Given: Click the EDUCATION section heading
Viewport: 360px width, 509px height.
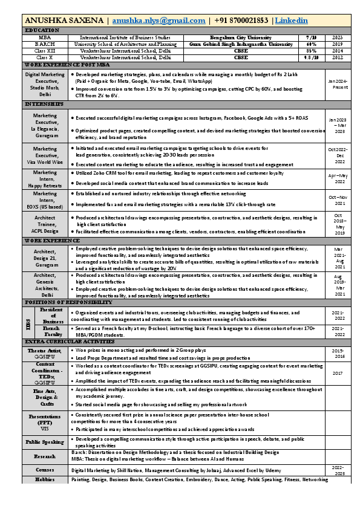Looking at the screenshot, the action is pos(42,30).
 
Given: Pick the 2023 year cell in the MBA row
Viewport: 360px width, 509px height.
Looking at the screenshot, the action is pos(338,37).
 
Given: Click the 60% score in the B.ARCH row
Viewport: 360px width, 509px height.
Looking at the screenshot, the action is pos(312,44).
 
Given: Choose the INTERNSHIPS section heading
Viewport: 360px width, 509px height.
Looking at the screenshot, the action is pos(44,104).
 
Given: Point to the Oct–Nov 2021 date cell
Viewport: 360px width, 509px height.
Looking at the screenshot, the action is pos(338,200).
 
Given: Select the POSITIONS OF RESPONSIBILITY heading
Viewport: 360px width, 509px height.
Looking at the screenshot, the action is pos(68,302).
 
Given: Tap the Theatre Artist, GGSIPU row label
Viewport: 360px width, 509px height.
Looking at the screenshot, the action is pos(45,354).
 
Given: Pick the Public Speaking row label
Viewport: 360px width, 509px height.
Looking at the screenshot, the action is pos(45,442).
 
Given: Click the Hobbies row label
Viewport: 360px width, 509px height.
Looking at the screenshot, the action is pos(45,479).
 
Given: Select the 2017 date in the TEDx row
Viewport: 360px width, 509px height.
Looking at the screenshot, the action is pos(338,373).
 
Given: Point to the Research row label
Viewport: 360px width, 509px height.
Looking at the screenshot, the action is pos(45,456).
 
